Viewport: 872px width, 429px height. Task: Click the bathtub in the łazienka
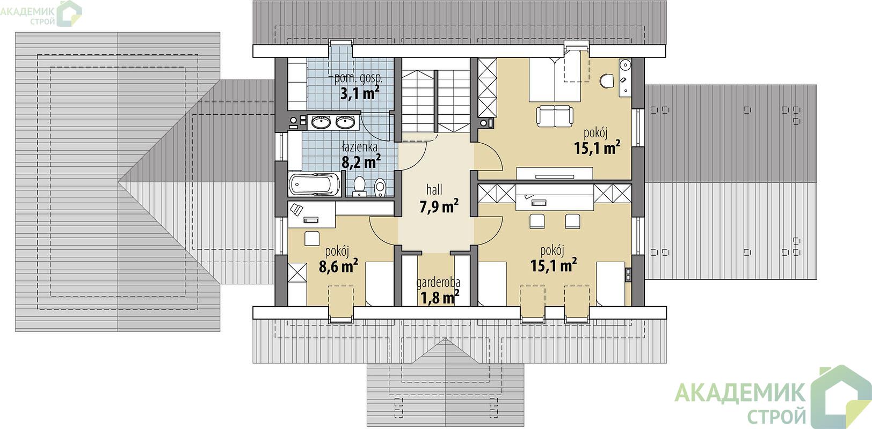[315, 185]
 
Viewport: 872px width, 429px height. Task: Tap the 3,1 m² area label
[360, 93]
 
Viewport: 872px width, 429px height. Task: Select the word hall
[434, 190]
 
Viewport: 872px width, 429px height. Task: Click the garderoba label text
[438, 283]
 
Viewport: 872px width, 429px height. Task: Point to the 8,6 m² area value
[338, 267]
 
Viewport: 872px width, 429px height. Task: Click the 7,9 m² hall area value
[439, 206]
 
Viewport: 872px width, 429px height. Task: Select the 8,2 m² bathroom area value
[361, 161]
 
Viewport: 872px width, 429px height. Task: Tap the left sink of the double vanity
[321, 122]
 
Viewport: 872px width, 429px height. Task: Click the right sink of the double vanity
[345, 122]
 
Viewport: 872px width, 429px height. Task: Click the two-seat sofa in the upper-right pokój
[555, 115]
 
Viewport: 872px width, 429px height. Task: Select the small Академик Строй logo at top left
[41, 13]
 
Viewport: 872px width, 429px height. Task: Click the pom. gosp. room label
[359, 78]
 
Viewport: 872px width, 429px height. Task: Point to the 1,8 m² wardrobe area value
[440, 298]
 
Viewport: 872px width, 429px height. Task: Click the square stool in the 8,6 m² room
[312, 239]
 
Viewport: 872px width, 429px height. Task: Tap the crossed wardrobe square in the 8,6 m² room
[297, 272]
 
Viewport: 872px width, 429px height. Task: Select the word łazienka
[359, 147]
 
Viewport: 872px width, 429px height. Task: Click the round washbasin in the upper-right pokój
[625, 64]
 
